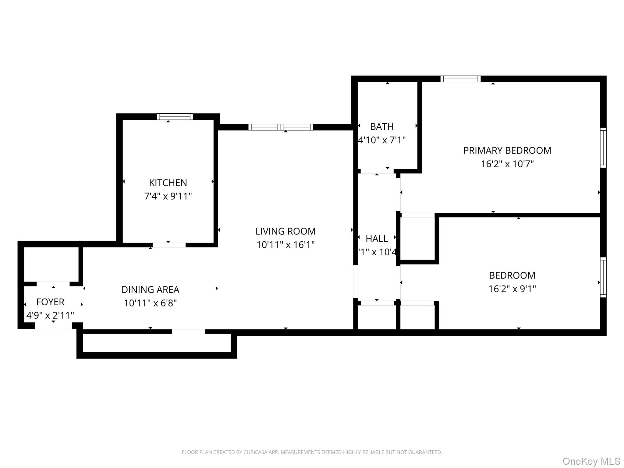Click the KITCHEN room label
(168, 183)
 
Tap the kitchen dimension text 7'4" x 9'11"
(168, 196)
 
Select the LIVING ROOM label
(285, 231)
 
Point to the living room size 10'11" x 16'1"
(285, 245)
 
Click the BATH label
(382, 126)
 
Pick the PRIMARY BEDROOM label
(507, 151)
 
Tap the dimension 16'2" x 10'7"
(507, 164)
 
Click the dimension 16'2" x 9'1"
(512, 289)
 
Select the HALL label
(377, 239)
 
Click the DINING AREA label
(150, 289)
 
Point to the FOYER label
(50, 302)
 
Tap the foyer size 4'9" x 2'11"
(50, 315)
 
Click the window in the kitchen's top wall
(175, 117)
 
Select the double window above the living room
(281, 127)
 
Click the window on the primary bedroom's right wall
(603, 148)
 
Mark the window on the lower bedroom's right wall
(603, 277)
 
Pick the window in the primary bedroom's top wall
(460, 79)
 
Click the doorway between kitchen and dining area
(169, 245)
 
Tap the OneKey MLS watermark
(591, 461)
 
